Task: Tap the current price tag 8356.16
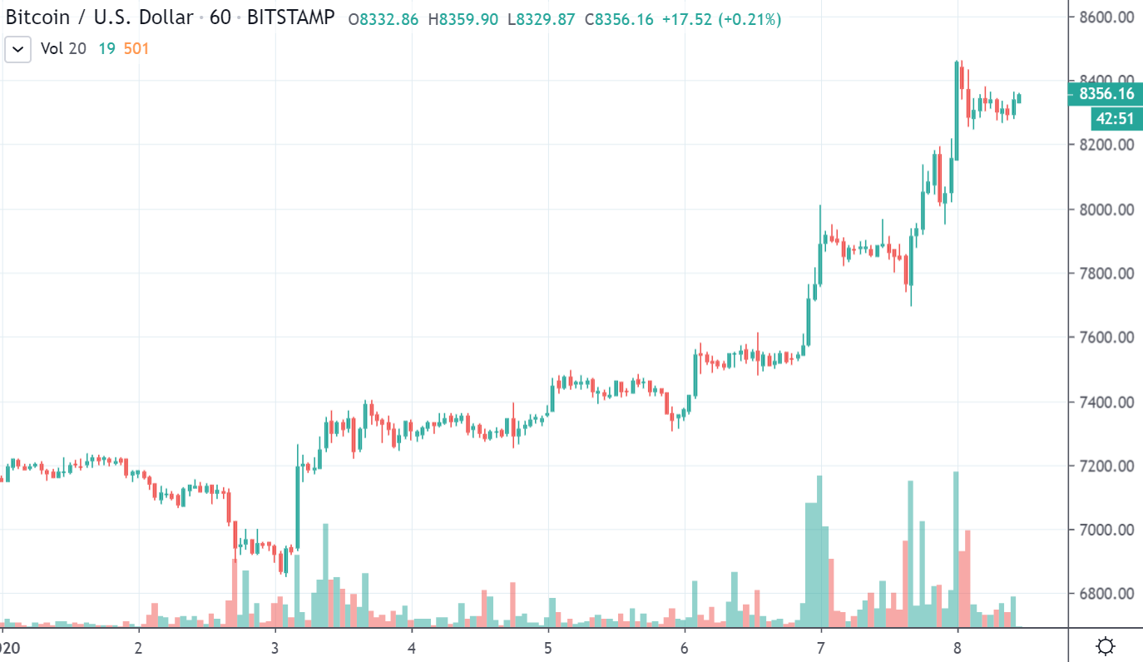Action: pos(1106,94)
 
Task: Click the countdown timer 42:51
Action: pos(1115,119)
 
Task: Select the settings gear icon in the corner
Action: pos(1106,646)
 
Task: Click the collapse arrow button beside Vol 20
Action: pos(18,49)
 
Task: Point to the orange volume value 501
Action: pos(136,49)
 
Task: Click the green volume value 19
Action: pos(106,49)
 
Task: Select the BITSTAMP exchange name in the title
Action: pos(290,17)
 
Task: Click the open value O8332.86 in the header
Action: pos(383,19)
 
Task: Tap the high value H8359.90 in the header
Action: pos(464,19)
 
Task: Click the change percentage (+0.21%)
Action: pos(750,19)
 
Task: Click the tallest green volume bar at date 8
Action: pos(956,549)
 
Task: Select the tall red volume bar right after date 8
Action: pos(967,578)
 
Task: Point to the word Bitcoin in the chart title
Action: pos(37,17)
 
